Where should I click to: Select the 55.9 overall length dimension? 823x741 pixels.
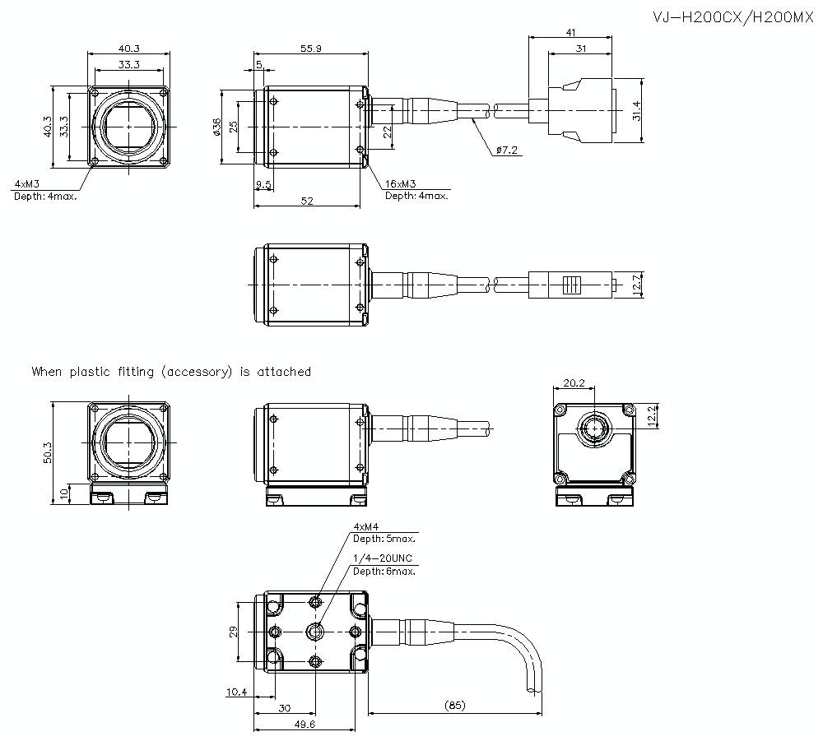[311, 49]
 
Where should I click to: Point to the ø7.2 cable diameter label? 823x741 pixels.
[507, 151]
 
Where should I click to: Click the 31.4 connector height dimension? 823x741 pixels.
[635, 110]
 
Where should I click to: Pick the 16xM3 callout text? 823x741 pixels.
[401, 184]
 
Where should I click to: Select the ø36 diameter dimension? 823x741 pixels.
[217, 127]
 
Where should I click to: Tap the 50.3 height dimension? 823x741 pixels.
[47, 452]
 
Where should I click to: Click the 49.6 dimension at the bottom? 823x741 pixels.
[305, 725]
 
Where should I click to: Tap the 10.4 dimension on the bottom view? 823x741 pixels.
[235, 692]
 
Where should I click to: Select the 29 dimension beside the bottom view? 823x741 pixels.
[234, 632]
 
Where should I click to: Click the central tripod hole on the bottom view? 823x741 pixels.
[314, 631]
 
